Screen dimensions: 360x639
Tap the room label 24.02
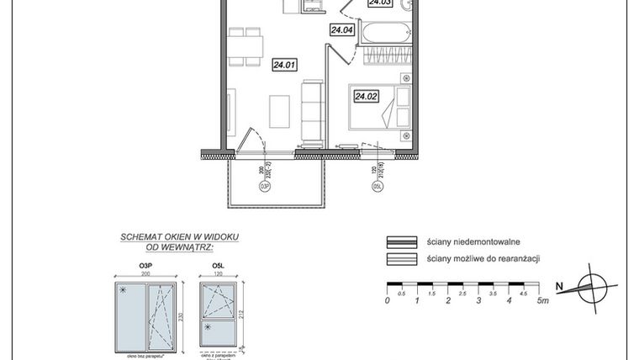[x=365, y=97]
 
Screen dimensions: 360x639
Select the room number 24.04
[x=341, y=30]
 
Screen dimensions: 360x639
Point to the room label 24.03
[x=380, y=3]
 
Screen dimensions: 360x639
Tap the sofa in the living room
[x=311, y=109]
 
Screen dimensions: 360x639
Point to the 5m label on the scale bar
[x=544, y=300]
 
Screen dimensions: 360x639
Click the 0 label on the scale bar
[x=387, y=300]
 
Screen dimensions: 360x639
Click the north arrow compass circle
[x=598, y=287]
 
